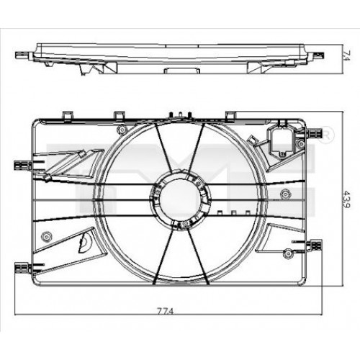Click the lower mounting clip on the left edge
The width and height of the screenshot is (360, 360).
23,268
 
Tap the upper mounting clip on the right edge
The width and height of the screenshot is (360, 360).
315,133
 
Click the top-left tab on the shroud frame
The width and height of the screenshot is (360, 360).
67,115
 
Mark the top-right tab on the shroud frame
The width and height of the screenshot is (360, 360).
233,115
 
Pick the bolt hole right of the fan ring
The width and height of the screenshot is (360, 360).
286,192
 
